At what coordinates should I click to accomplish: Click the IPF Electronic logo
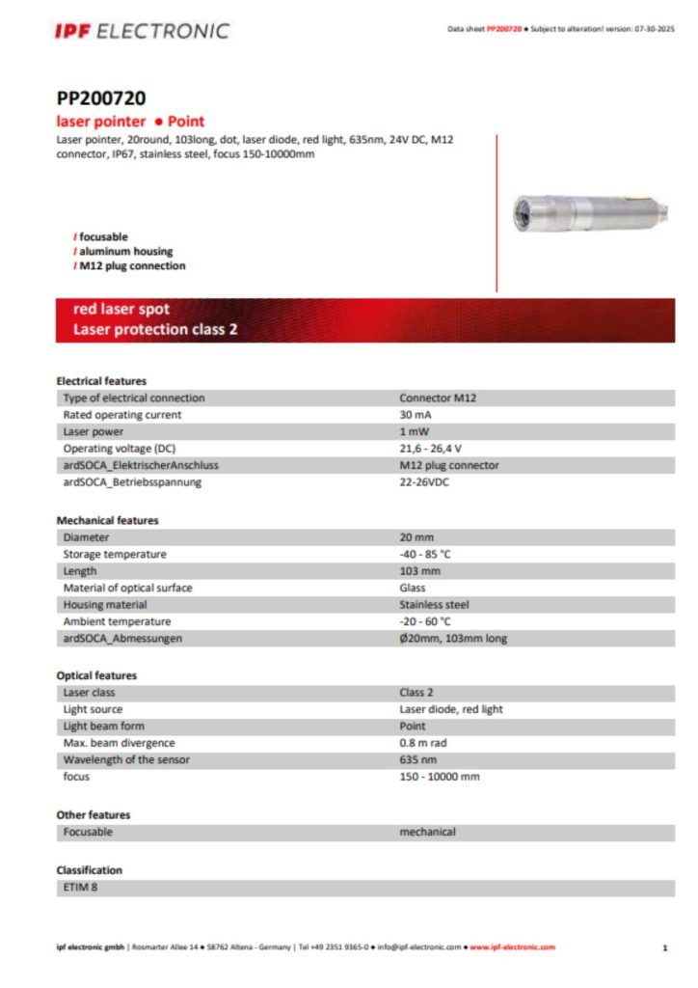(142, 31)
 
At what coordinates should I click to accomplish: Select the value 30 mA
(416, 415)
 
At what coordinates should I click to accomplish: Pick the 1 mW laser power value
(415, 431)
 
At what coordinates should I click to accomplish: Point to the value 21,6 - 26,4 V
(431, 449)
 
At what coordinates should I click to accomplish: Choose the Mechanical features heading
(107, 520)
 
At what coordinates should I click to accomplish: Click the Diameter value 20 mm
(419, 537)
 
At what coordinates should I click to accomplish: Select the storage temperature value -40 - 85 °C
(425, 554)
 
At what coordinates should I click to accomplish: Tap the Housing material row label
(105, 605)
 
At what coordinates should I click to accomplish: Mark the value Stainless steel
(434, 605)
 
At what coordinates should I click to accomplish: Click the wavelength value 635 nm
(418, 759)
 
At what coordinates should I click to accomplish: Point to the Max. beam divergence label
(119, 743)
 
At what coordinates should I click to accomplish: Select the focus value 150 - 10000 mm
(439, 777)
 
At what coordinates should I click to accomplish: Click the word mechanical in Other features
(427, 832)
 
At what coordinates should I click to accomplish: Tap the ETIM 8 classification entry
(80, 887)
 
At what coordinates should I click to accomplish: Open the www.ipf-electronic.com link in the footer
(512, 947)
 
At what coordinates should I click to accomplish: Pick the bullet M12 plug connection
(132, 266)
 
